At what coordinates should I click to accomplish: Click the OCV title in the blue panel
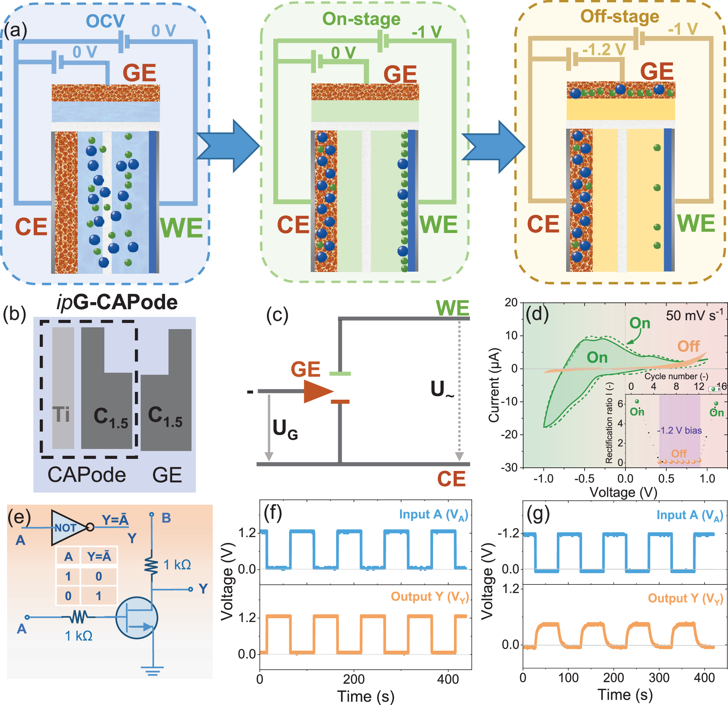pos(105,21)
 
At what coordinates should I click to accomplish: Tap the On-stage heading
pos(361,19)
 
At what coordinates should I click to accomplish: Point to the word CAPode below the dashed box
pos(87,475)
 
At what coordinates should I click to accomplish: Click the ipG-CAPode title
pos(117,302)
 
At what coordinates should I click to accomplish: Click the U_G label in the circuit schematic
pos(285,429)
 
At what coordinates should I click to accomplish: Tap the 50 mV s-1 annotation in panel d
pos(694,315)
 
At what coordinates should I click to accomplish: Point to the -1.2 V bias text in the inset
pos(679,431)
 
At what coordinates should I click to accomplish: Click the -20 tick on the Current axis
pos(510,434)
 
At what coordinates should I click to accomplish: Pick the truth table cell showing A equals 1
pos(68,576)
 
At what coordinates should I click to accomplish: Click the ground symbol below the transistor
pos(152,671)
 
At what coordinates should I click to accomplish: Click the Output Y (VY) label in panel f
pos(429,596)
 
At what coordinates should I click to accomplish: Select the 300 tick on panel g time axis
pos(659,678)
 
